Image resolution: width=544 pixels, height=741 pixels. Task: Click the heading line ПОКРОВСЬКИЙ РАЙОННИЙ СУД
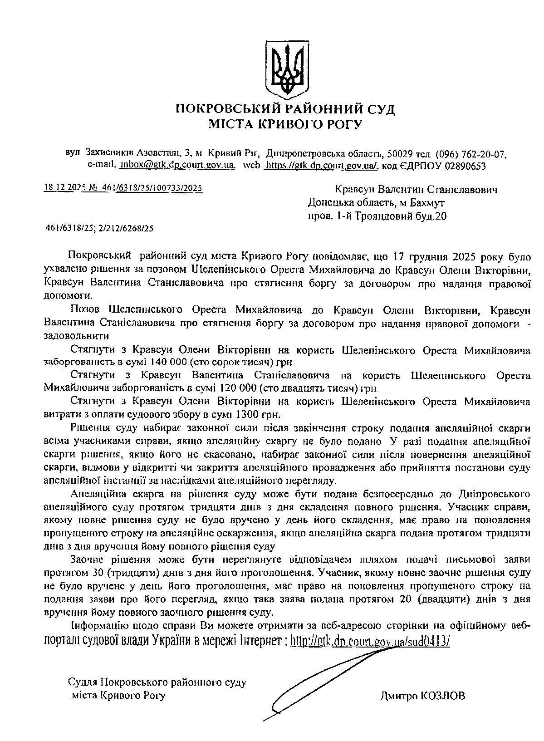pos(285,109)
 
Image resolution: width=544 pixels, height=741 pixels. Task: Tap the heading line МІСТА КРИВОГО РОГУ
pos(285,124)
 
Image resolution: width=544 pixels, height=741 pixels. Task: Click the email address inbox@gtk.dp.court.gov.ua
pos(176,166)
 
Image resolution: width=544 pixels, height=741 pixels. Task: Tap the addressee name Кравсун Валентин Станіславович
pos(416,190)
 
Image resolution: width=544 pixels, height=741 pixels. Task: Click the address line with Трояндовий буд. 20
pos(377,216)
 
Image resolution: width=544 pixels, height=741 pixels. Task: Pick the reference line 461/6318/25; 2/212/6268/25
pos(100,229)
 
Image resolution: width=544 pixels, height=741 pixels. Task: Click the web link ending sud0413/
pos(369,641)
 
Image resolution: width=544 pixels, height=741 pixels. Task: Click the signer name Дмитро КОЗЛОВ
pos(422,696)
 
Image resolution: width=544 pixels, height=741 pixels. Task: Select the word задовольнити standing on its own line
pos(76,337)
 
